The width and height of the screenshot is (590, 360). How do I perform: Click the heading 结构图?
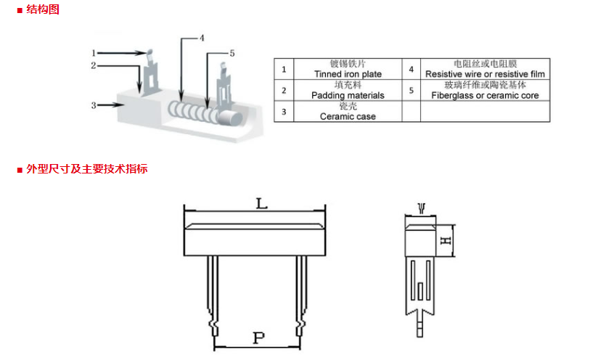[43, 9]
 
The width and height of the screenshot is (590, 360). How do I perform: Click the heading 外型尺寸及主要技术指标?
[87, 169]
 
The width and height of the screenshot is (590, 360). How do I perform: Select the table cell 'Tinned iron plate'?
[348, 69]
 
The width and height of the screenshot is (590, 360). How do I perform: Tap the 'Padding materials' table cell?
[348, 90]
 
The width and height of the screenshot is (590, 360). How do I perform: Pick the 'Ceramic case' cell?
[348, 111]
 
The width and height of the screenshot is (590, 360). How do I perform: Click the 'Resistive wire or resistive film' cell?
[485, 69]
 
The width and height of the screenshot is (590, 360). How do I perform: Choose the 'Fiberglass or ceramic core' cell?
[485, 90]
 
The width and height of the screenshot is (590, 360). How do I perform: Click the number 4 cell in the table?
[411, 69]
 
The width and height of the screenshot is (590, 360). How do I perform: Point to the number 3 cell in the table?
[284, 112]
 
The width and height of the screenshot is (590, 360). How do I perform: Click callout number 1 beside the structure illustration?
[94, 53]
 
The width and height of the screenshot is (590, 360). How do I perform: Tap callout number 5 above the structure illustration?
[232, 54]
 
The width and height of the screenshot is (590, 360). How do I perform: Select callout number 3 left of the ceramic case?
[94, 105]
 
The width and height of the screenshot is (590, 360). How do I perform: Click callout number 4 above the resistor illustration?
[202, 38]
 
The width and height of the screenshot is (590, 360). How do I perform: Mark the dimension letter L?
[261, 203]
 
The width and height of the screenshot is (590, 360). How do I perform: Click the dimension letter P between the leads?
[258, 337]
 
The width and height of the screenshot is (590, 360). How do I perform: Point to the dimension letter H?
[446, 240]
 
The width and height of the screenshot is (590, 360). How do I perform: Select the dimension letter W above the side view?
[422, 208]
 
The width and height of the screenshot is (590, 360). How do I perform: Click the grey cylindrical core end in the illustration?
[229, 118]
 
